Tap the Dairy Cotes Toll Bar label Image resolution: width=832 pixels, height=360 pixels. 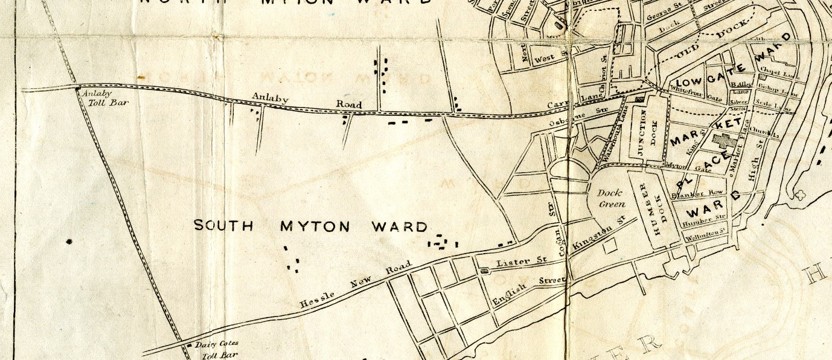click(219, 350)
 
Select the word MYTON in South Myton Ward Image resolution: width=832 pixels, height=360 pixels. click(315, 227)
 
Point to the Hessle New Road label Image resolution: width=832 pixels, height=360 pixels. click(356, 286)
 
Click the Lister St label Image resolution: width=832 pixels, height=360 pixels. click(520, 263)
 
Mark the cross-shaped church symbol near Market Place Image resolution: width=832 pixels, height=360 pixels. click(722, 141)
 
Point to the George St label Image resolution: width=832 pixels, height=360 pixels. click(659, 15)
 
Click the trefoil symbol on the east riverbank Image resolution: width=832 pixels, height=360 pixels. click(801, 196)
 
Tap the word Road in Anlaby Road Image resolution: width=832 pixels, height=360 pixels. click(349, 104)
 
